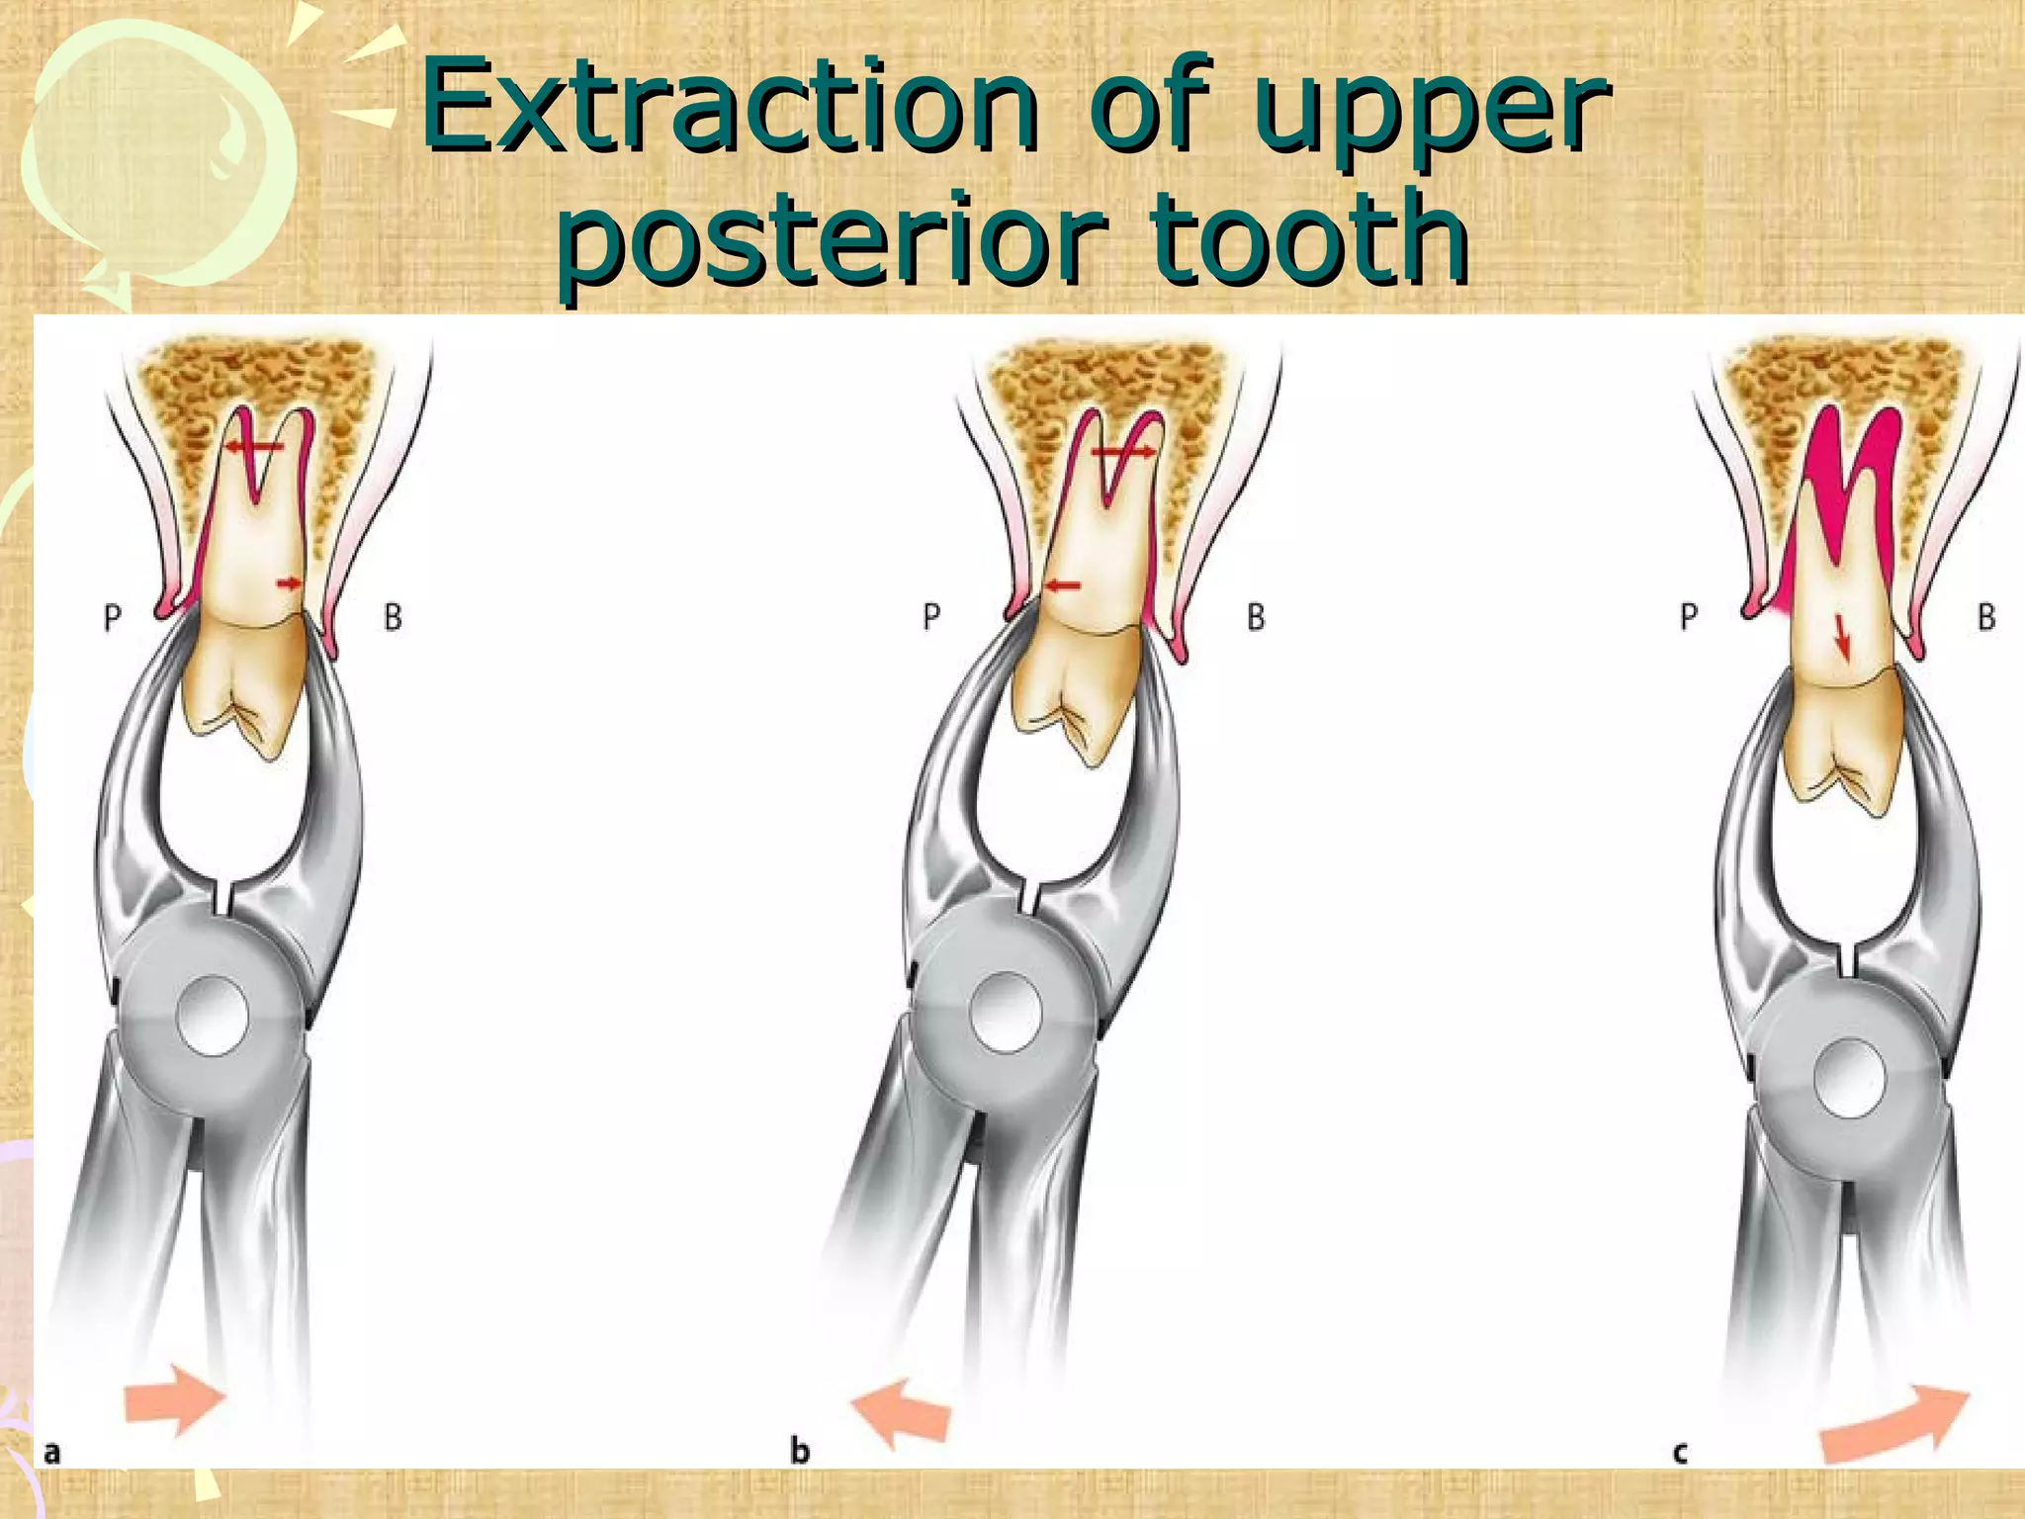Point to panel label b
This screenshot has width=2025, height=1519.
800,1451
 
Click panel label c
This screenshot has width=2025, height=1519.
1680,1453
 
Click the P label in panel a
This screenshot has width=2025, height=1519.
113,618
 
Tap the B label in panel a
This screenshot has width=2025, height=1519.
393,618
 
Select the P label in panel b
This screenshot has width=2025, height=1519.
930,617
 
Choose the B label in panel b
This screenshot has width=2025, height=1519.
1256,617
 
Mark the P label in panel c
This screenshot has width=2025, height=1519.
1689,617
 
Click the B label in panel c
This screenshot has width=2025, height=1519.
1986,617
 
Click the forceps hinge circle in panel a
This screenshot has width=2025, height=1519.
212,1016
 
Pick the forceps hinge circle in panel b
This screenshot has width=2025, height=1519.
1006,1013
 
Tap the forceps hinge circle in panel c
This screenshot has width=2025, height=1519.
1851,1079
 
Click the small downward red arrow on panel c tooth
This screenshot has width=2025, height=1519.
1841,637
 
